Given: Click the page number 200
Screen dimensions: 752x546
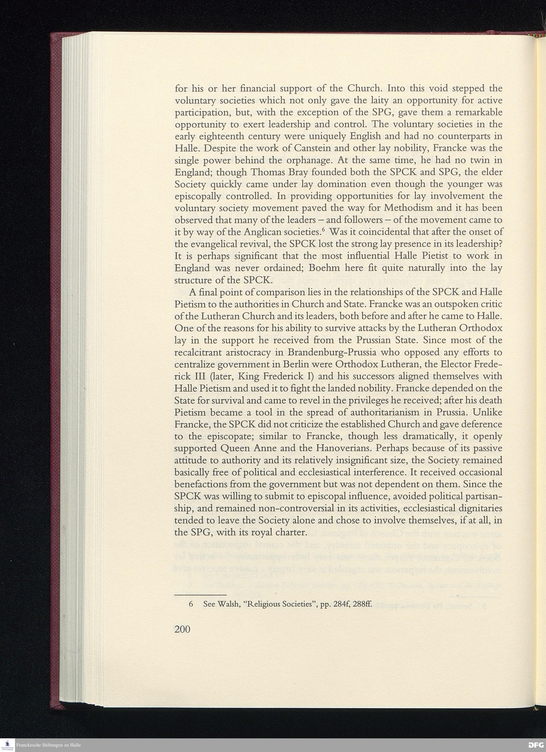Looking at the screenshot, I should [182, 629].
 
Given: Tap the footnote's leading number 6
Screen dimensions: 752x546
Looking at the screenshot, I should [191, 604].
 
